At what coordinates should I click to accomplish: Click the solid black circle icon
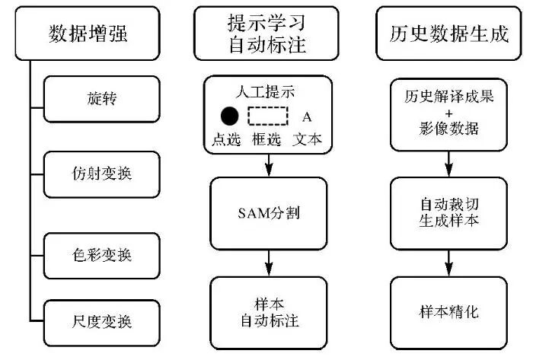[229, 116]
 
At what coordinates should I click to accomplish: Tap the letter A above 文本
[307, 117]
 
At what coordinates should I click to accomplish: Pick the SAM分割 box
[268, 212]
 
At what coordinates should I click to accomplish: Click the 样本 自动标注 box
[268, 311]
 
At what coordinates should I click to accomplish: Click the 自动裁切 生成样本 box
[449, 212]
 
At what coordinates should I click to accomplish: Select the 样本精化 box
[449, 311]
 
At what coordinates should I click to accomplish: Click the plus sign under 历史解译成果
[449, 113]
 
